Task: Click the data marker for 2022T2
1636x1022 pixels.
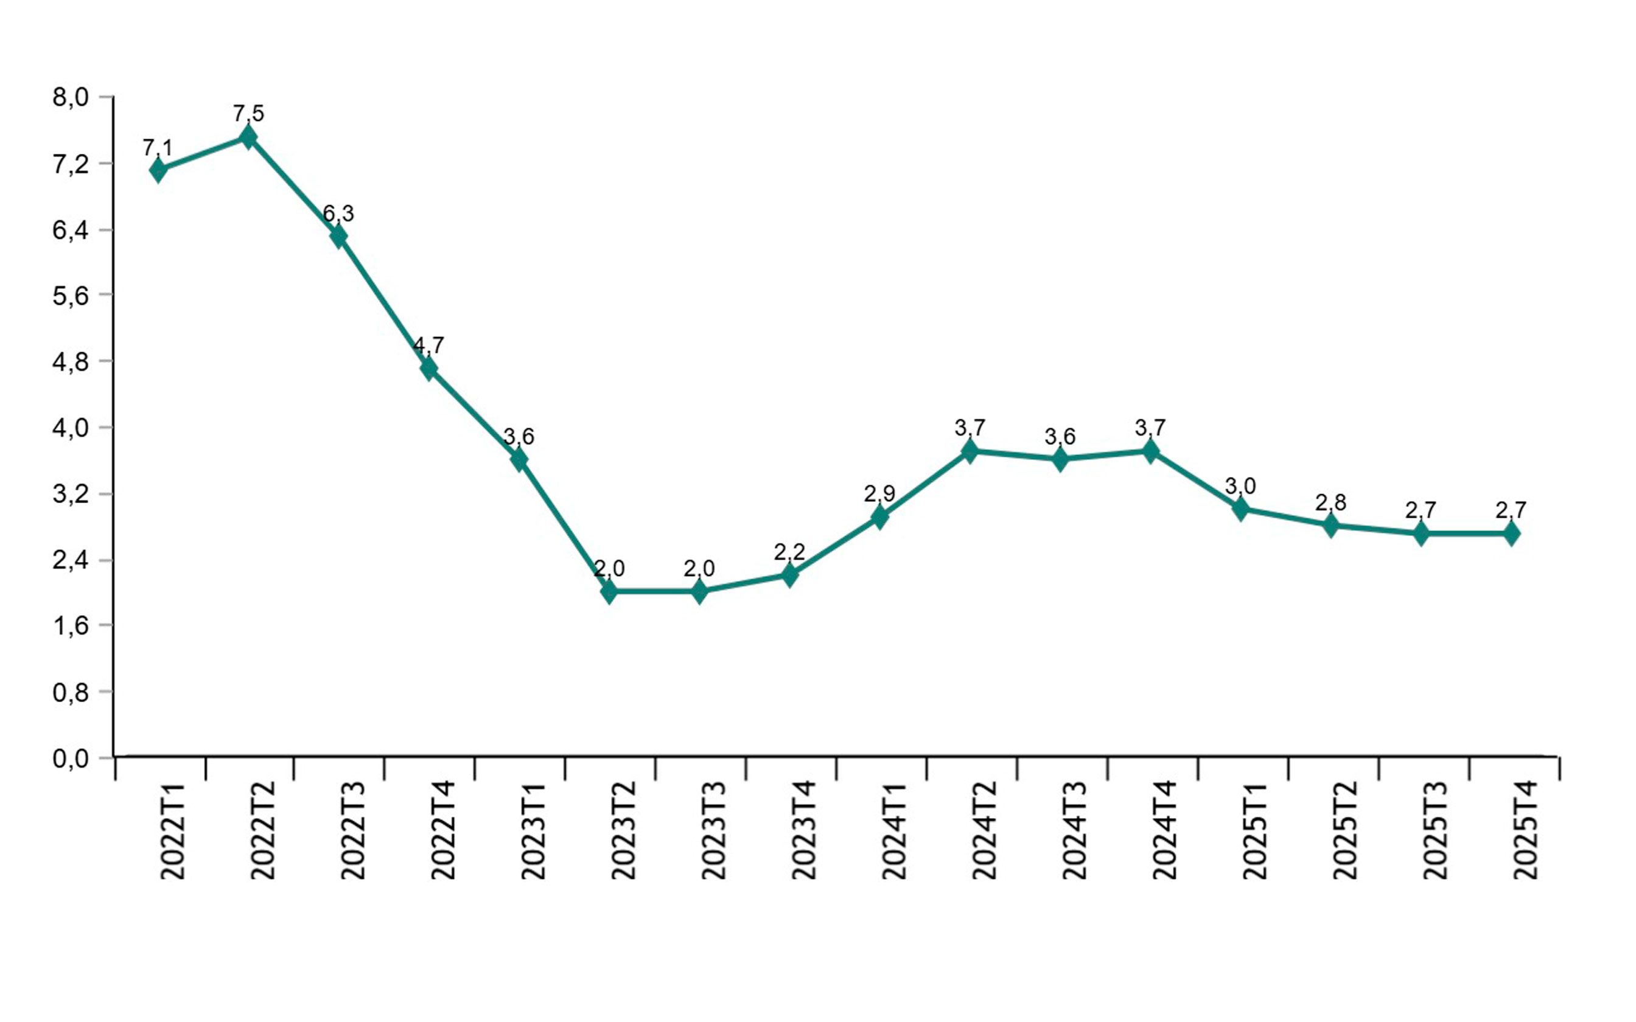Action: (248, 137)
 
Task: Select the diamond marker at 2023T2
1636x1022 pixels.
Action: (609, 591)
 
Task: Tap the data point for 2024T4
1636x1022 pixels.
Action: (1150, 451)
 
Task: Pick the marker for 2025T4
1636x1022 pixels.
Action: (1511, 534)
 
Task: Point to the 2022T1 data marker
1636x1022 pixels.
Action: (158, 170)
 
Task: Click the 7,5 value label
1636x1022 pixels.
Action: (248, 114)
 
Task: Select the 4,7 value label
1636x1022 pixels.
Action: (428, 346)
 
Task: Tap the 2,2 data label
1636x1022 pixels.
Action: (789, 552)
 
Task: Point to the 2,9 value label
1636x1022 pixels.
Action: (879, 494)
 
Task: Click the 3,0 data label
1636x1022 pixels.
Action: (1240, 485)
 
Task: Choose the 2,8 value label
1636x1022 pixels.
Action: (1330, 502)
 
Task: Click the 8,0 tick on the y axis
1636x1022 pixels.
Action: (71, 97)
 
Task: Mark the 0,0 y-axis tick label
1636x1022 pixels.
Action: (71, 759)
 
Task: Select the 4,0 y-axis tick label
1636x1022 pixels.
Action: (71, 428)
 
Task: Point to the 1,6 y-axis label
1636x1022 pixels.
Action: (71, 626)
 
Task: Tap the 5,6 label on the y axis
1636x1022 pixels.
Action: (71, 296)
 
